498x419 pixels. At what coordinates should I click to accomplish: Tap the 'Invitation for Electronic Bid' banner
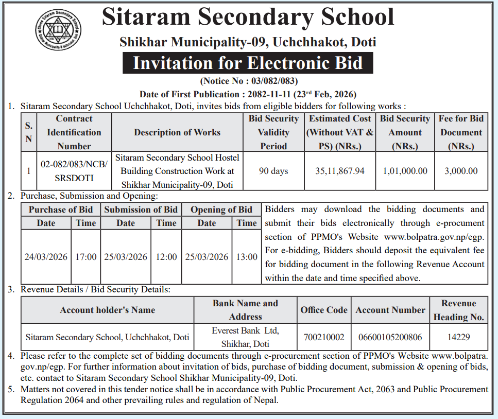pos(248,63)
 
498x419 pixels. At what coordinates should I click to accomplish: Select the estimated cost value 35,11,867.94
pos(340,171)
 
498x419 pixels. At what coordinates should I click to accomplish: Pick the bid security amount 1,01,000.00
pos(405,171)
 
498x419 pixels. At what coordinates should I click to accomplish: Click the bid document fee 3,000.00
pos(461,171)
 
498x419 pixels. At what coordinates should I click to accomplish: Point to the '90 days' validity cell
pos(273,171)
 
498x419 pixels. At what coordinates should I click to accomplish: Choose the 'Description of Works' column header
pos(177,132)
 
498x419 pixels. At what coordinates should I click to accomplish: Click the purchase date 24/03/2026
pos(46,257)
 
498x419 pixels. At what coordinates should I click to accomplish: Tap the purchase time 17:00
pos(85,257)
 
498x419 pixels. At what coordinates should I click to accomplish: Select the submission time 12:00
pos(166,257)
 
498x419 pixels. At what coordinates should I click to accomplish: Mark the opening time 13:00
pos(247,257)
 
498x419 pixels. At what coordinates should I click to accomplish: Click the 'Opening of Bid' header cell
pos(221,209)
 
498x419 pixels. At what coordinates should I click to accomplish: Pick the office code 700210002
pos(324,338)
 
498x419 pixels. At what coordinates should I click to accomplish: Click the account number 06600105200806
pos(390,338)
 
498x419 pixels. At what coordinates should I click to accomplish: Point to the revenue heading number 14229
pos(458,338)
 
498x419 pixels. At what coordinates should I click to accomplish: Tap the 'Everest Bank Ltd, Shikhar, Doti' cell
pos(246,337)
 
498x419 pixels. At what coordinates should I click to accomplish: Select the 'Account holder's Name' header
pos(107,310)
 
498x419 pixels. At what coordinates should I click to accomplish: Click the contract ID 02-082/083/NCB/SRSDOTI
pos(74,171)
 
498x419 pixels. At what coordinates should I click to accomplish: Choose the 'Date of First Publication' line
pos(248,94)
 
